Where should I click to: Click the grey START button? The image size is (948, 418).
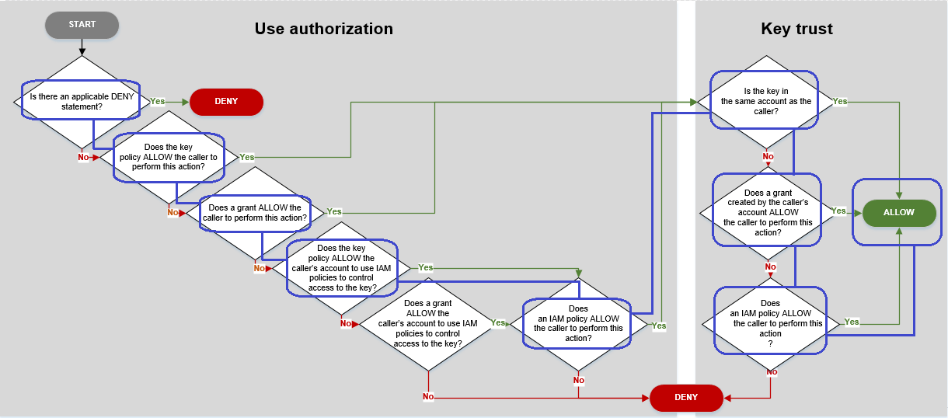pyautogui.click(x=82, y=25)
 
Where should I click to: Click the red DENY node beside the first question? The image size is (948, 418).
pyautogui.click(x=227, y=102)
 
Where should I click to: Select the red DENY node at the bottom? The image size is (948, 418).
pyautogui.click(x=686, y=397)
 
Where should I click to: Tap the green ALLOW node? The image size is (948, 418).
pyautogui.click(x=899, y=212)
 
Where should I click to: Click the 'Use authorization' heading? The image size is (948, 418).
pyautogui.click(x=323, y=30)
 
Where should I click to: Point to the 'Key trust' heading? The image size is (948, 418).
pyautogui.click(x=796, y=30)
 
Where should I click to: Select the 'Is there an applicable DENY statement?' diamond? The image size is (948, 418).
pyautogui.click(x=81, y=101)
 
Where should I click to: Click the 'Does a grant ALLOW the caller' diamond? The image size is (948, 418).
pyautogui.click(x=255, y=213)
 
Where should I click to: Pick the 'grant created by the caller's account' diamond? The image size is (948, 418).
pyautogui.click(x=768, y=212)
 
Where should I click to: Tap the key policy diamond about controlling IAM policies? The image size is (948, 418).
pyautogui.click(x=342, y=268)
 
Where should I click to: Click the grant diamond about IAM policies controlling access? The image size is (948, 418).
pyautogui.click(x=428, y=323)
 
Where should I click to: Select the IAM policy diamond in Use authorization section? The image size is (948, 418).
pyautogui.click(x=578, y=323)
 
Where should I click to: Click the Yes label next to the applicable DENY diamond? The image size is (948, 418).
pyautogui.click(x=158, y=102)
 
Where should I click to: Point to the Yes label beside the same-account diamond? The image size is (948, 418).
pyautogui.click(x=840, y=102)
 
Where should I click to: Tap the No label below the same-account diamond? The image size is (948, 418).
pyautogui.click(x=768, y=156)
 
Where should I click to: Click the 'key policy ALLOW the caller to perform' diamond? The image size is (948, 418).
pyautogui.click(x=169, y=157)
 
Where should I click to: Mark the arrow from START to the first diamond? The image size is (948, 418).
pyautogui.click(x=82, y=47)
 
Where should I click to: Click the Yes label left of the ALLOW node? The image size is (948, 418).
pyautogui.click(x=839, y=211)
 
